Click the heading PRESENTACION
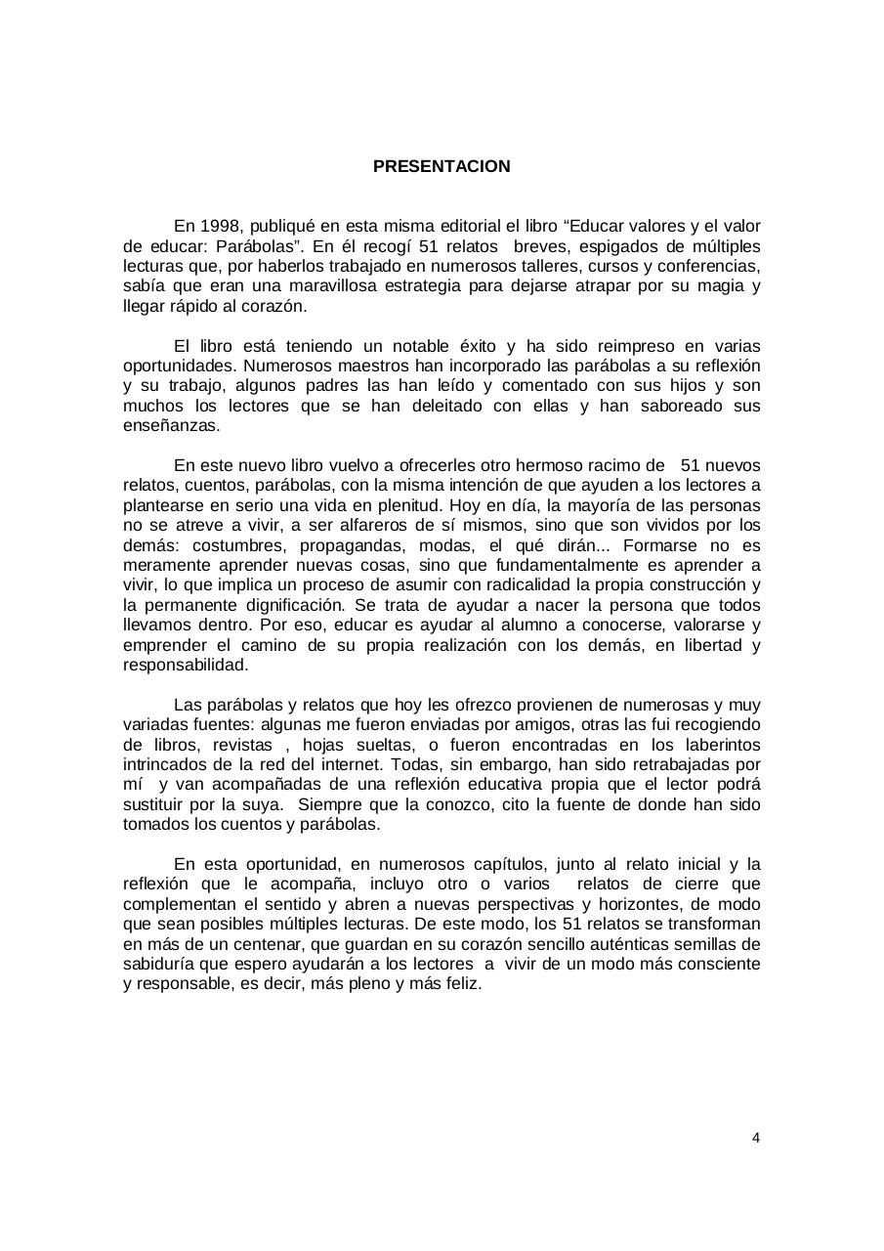click(x=442, y=166)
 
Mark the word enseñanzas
click(x=171, y=426)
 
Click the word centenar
click(x=268, y=944)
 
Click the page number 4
click(x=756, y=1138)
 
